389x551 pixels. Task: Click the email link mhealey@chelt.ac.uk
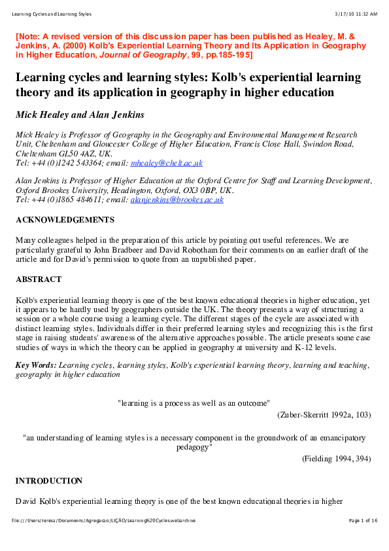click(x=167, y=163)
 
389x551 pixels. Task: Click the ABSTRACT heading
click(x=39, y=279)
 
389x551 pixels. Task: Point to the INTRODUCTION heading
click(x=48, y=481)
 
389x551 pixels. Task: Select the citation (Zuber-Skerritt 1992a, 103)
click(x=324, y=415)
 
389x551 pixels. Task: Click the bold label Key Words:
click(x=36, y=365)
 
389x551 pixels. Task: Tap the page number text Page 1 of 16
click(x=363, y=520)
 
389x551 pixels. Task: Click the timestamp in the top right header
click(x=355, y=14)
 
